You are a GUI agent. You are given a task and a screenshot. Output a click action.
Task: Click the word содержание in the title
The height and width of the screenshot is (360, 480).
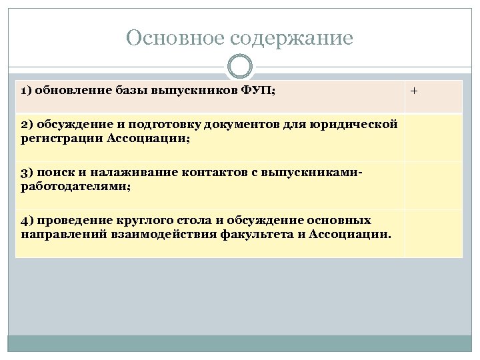coord(287,38)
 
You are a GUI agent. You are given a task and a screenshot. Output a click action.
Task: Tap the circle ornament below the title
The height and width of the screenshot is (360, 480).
coord(240,68)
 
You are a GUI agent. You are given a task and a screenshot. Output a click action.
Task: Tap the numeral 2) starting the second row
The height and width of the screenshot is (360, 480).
coord(27,124)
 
